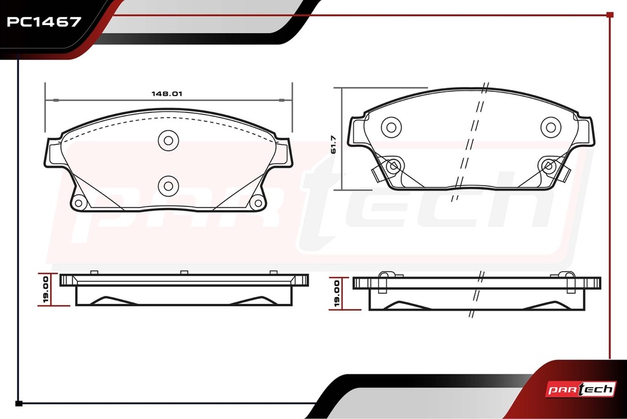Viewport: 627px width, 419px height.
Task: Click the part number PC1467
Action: pos(44,22)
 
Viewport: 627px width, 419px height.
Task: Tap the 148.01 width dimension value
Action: pos(167,94)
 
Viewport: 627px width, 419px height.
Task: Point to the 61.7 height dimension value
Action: pos(334,145)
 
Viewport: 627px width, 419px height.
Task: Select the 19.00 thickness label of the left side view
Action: pos(45,289)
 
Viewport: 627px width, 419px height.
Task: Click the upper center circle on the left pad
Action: pos(168,140)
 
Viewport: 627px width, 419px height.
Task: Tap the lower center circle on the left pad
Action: pos(168,186)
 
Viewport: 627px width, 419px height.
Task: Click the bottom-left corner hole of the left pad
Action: pos(78,203)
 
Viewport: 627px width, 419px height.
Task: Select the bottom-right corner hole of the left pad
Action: pos(257,203)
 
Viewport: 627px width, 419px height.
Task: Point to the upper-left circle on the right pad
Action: pos(391,127)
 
